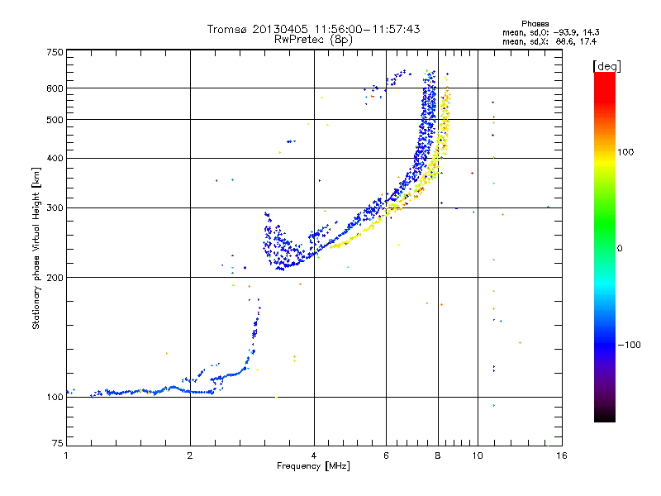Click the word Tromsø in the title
(x=226, y=29)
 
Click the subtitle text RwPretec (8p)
(x=313, y=40)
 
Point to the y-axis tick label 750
(x=55, y=52)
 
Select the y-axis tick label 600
(x=55, y=88)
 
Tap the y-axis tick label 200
(x=55, y=278)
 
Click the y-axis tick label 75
(x=58, y=443)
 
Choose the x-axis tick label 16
(x=562, y=455)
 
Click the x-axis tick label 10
(x=478, y=455)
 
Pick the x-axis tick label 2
(x=190, y=455)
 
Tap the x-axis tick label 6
(x=386, y=455)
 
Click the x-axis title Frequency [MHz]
(x=313, y=466)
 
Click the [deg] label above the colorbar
(x=606, y=66)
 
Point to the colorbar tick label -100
(x=629, y=345)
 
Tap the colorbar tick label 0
(x=620, y=249)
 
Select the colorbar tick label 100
(x=625, y=152)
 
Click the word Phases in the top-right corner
(x=535, y=24)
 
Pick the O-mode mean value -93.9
(x=567, y=32)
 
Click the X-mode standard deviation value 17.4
(x=589, y=41)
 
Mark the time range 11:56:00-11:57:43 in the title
(x=367, y=29)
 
